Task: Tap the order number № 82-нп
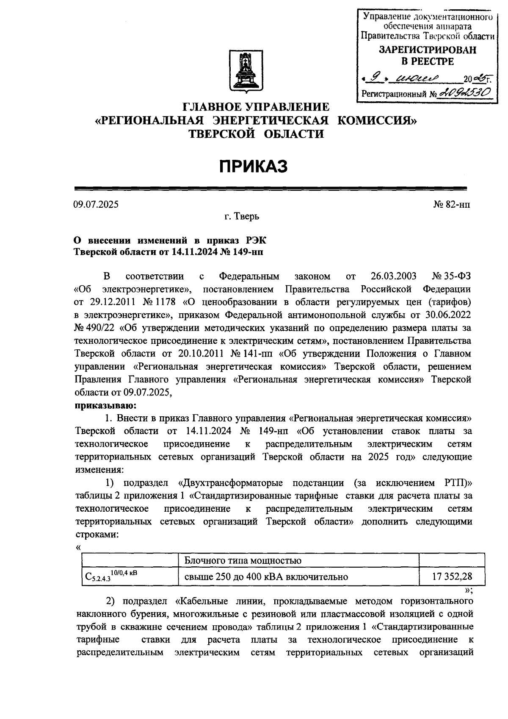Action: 452,204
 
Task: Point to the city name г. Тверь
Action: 242,217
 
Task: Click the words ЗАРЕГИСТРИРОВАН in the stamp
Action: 427,50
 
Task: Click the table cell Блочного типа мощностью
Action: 243,560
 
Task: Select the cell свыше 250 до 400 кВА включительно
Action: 266,577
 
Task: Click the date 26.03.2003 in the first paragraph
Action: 393,276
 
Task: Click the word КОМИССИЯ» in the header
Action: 377,120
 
